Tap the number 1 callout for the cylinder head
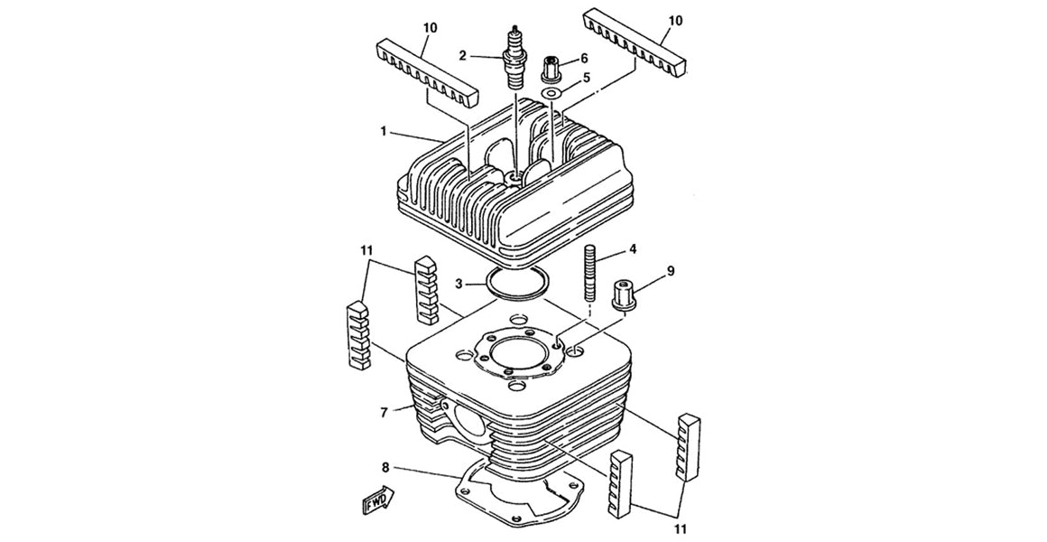[384, 132]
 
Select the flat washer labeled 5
[551, 93]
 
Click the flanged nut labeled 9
[624, 295]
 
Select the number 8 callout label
[385, 468]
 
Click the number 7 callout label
[385, 412]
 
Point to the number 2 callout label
[462, 55]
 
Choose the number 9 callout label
[671, 270]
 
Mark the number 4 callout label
[634, 248]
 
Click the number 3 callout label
[459, 284]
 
